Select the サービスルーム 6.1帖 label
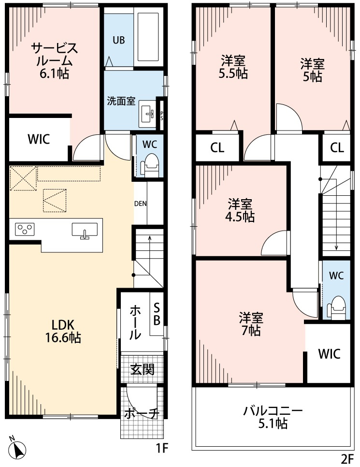pyautogui.click(x=54, y=60)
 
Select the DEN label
pyautogui.click(x=140, y=203)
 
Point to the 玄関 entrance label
pyautogui.click(x=143, y=370)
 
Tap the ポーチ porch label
pyautogui.click(x=142, y=414)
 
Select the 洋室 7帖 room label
pyautogui.click(x=251, y=324)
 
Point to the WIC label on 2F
pyautogui.click(x=329, y=353)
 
